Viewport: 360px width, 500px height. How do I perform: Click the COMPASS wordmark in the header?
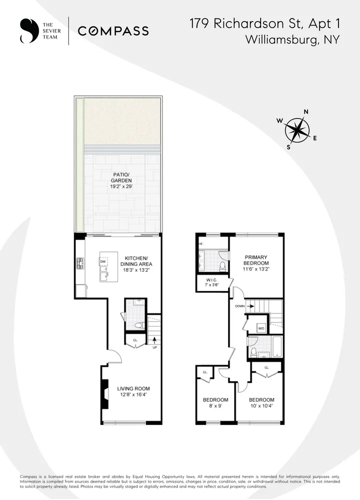point(113,31)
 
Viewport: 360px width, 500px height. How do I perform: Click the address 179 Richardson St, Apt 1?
point(264,23)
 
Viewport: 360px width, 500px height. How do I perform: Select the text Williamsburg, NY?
point(292,40)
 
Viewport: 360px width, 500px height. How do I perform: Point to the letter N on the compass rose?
point(306,112)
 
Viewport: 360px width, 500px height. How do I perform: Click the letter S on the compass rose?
point(288,147)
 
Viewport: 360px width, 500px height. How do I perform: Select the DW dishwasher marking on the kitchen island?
point(103,261)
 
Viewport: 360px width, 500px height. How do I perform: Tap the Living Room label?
point(133,391)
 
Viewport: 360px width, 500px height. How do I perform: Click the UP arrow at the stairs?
point(154,342)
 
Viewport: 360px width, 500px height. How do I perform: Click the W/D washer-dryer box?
point(261,328)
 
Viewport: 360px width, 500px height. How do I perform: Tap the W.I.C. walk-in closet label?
point(211,282)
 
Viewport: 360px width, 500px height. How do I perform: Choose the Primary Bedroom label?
point(256,263)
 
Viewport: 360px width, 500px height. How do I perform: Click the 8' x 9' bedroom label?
point(215,403)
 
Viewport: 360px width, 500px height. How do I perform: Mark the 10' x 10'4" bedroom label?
point(261,403)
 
